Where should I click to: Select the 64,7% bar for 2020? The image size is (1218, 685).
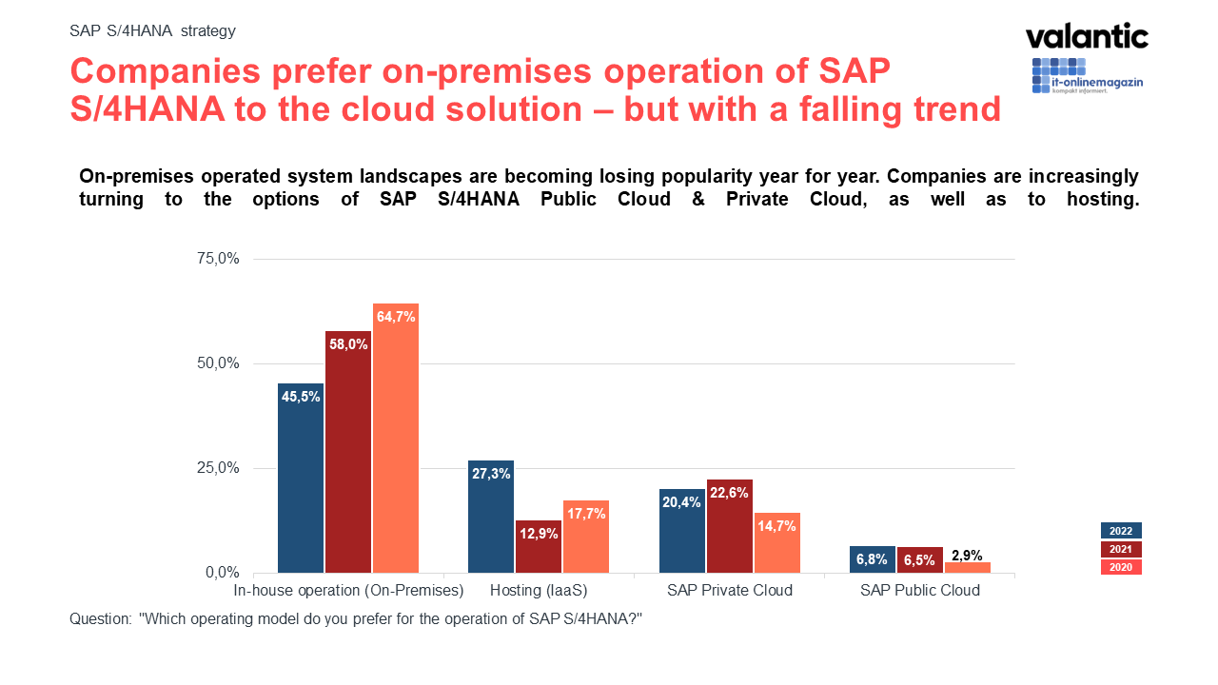click(x=396, y=438)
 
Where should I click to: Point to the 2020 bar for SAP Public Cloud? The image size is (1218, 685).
click(x=967, y=568)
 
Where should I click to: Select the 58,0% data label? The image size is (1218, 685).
click(x=348, y=344)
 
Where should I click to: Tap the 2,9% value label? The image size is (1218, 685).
click(x=967, y=556)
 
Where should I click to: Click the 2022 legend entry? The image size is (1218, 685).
click(x=1121, y=531)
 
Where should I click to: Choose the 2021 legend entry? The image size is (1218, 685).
click(x=1121, y=549)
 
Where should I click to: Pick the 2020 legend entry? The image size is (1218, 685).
click(x=1121, y=567)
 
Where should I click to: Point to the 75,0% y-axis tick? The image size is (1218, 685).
click(x=218, y=259)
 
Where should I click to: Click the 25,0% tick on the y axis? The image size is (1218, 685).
click(x=218, y=468)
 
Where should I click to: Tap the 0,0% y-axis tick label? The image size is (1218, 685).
click(x=222, y=573)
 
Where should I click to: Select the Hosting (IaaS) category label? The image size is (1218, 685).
click(x=539, y=591)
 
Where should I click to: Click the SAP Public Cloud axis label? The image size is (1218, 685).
click(x=919, y=591)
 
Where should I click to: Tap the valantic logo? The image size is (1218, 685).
click(x=1087, y=37)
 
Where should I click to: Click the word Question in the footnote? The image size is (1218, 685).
click(x=100, y=618)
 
